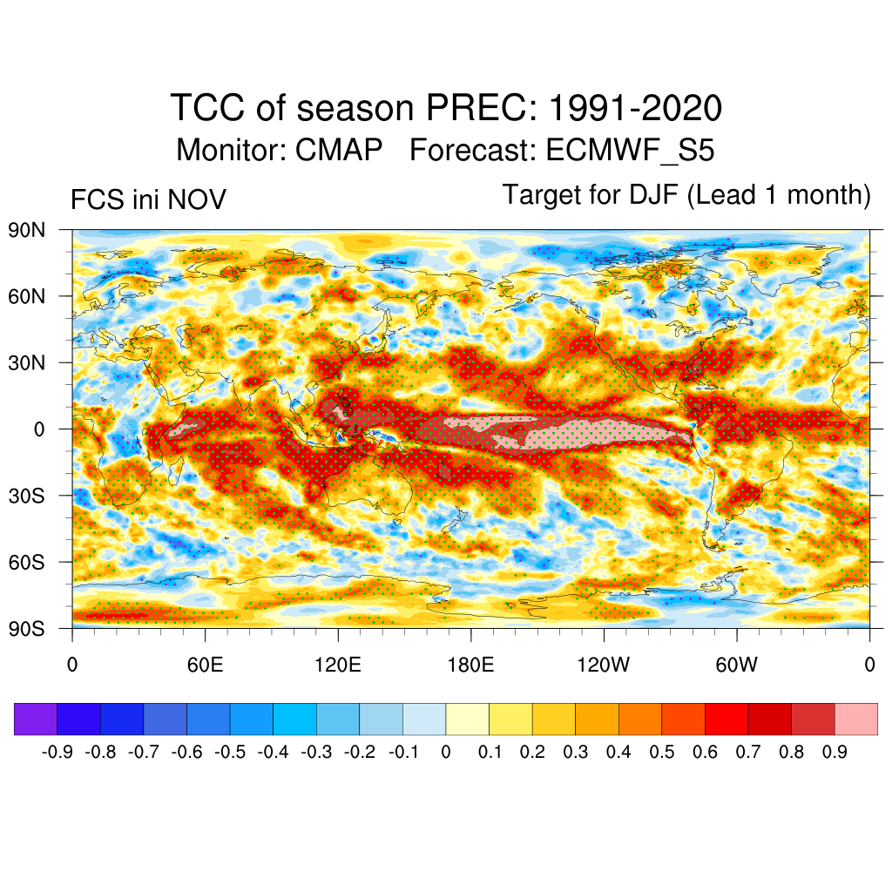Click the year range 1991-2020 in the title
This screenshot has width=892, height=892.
636,109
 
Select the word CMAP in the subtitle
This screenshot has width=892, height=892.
339,150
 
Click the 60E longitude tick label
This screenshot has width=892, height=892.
205,666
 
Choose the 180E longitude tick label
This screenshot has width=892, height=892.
470,666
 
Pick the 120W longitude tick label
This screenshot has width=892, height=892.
604,666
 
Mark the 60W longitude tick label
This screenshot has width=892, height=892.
737,666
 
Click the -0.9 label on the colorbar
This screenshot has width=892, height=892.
57,751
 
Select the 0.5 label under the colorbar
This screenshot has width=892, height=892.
662,751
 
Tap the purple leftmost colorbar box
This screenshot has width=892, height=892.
36,719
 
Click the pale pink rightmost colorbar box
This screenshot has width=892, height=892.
856,719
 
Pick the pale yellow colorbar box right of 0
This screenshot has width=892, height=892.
468,719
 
